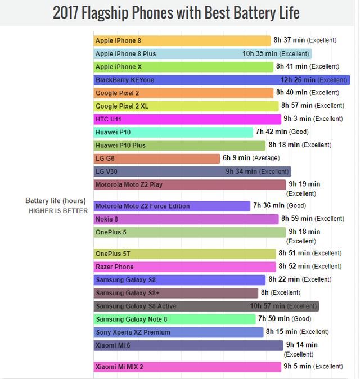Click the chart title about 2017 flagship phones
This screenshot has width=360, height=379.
176,12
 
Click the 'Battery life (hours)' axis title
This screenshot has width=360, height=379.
56,201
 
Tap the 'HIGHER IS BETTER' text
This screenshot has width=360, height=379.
58,211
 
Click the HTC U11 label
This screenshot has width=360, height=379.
108,119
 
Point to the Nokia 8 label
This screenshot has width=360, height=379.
106,219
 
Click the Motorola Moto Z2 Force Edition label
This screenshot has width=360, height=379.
142,206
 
